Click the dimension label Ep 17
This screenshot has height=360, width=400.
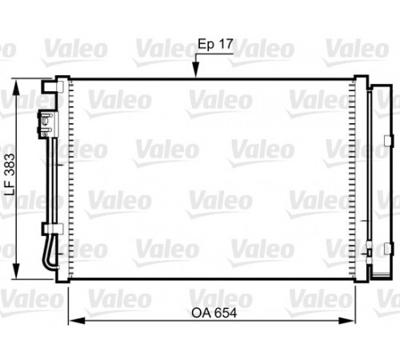pyautogui.click(x=215, y=44)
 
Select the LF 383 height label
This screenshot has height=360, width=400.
pyautogui.click(x=10, y=174)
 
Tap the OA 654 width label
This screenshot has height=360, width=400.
pyautogui.click(x=214, y=313)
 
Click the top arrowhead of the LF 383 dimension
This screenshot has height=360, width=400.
pyautogui.click(x=16, y=87)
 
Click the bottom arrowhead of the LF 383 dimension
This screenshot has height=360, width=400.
pyautogui.click(x=16, y=271)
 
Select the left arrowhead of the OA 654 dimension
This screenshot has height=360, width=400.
pyautogui.click(x=77, y=321)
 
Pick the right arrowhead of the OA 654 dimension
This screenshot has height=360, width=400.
pyautogui.click(x=347, y=321)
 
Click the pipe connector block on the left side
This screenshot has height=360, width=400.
pyautogui.click(x=48, y=125)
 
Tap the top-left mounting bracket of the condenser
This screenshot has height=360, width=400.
pyautogui.click(x=52, y=86)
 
